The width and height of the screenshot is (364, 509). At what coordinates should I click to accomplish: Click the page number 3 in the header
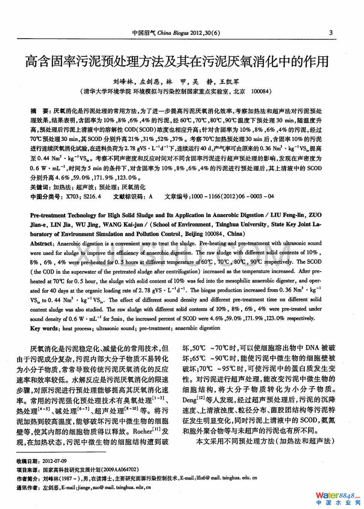331,33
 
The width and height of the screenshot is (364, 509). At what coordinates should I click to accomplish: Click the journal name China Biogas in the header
173,33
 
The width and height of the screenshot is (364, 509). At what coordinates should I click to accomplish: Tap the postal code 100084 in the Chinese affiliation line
260,91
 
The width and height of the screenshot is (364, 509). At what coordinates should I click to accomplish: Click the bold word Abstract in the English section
42,243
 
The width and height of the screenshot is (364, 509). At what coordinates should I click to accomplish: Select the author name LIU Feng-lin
287,215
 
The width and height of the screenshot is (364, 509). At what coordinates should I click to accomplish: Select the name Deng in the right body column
190,400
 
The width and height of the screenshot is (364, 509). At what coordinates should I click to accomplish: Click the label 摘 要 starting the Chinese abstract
39,111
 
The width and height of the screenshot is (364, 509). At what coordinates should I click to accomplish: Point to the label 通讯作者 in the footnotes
27,488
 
